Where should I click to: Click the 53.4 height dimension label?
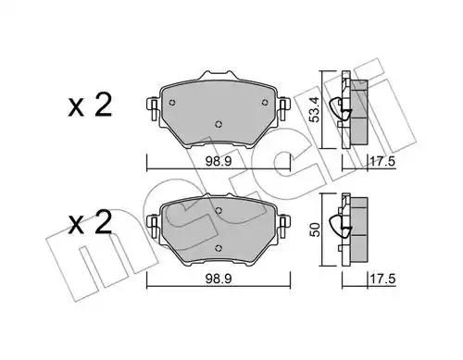(314, 109)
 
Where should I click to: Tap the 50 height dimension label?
(315, 230)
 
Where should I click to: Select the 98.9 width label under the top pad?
(219, 161)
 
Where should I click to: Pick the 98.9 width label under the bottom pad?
(219, 279)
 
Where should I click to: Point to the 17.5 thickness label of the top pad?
(382, 161)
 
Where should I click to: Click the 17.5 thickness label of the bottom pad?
(382, 279)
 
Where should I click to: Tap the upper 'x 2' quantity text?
(90, 106)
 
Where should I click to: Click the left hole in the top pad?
(172, 103)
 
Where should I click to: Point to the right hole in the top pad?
(265, 103)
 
